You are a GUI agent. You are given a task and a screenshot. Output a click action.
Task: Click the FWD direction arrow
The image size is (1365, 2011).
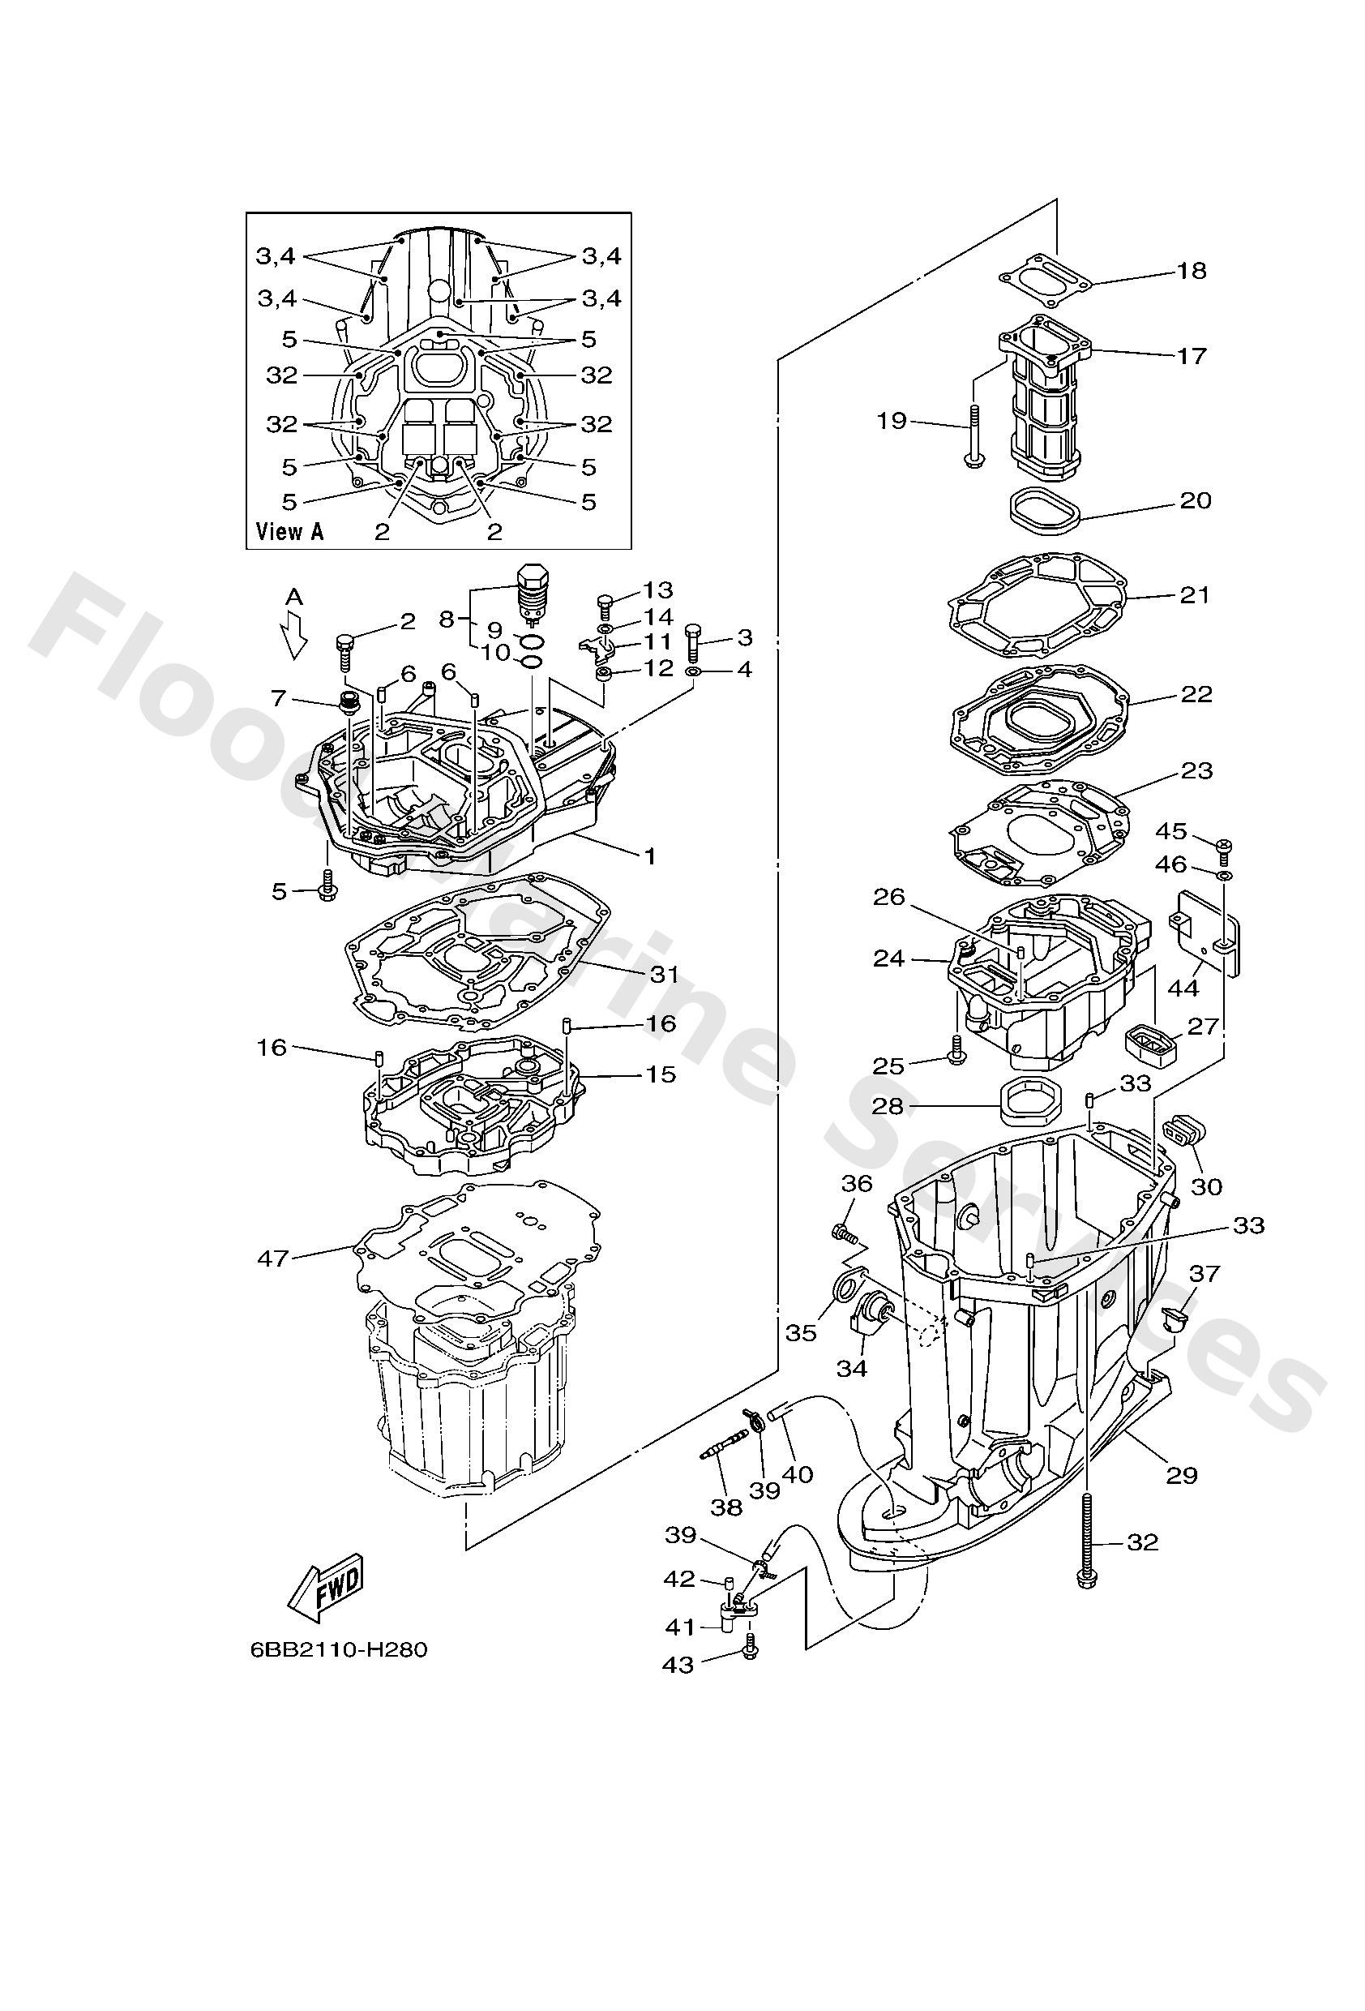pos(325,1589)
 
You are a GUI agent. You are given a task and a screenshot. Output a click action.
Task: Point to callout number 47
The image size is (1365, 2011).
pos(272,1258)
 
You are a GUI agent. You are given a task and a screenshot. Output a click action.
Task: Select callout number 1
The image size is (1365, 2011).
pos(648,855)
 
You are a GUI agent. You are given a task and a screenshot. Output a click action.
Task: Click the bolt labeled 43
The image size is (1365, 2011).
pos(750,1651)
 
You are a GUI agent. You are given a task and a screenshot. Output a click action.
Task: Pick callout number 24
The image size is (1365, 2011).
pos(888,958)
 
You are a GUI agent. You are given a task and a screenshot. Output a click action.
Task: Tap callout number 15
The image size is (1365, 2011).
pos(660,1074)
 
